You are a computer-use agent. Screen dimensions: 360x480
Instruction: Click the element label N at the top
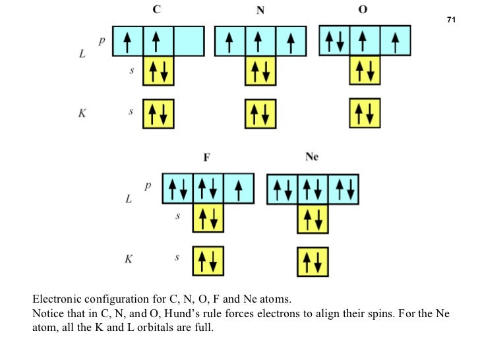[x=260, y=11]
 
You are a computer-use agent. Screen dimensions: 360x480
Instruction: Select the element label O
[x=365, y=10]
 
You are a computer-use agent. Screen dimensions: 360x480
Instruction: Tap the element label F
[x=208, y=158]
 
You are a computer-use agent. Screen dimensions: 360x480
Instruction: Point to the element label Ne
[x=312, y=158]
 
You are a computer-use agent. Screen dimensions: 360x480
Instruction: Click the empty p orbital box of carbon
[x=189, y=41]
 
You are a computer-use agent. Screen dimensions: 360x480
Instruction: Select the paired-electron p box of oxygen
[x=334, y=41]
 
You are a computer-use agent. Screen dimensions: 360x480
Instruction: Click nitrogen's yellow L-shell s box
[x=260, y=71]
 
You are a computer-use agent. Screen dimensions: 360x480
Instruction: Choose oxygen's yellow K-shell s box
[x=365, y=113]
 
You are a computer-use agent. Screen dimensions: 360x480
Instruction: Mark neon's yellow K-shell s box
[x=313, y=261]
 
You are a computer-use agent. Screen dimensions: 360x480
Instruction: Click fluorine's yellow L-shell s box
[x=208, y=218]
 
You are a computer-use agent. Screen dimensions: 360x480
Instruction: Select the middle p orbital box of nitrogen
[x=260, y=41]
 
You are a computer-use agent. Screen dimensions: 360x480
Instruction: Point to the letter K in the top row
[x=82, y=113]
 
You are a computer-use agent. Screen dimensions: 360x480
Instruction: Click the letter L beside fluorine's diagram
[x=129, y=198]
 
